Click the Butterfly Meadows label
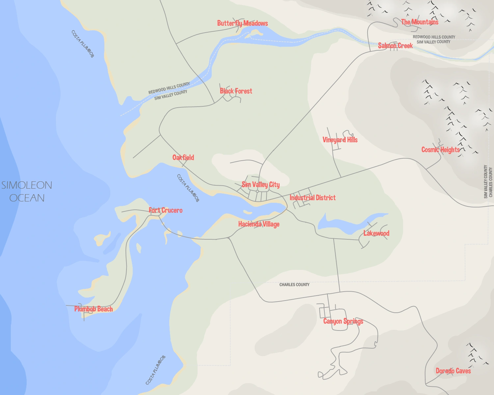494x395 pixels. point(242,23)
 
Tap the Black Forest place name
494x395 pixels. point(236,91)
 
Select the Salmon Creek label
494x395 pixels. point(395,46)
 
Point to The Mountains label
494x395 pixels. point(420,22)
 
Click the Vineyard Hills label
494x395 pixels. point(340,140)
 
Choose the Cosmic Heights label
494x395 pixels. point(440,150)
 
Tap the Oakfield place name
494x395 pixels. point(183,158)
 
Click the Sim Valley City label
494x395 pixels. point(261,185)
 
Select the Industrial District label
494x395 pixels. point(313,198)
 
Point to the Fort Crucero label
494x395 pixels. point(165,210)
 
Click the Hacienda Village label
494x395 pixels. point(259,224)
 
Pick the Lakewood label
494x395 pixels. point(376,233)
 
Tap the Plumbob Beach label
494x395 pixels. point(93,309)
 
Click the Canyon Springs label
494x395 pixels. point(343,321)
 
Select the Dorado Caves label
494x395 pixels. point(453,371)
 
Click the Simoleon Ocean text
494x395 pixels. point(27,191)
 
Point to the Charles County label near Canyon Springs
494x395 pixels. point(294,285)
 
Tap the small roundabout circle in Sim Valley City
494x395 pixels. point(257,191)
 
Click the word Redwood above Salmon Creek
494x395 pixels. point(421,37)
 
